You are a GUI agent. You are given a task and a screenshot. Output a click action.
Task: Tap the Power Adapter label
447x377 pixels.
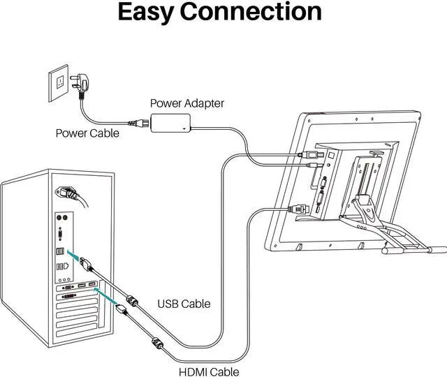187,103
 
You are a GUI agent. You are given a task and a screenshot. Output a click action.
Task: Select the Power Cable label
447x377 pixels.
87,133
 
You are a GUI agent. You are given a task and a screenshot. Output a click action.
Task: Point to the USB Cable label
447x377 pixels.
185,304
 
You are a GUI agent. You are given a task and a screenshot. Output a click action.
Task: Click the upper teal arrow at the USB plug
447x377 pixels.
75,256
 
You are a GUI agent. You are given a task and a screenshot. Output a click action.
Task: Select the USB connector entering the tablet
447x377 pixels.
307,154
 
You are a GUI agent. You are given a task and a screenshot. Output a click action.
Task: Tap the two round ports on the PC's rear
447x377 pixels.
60,218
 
